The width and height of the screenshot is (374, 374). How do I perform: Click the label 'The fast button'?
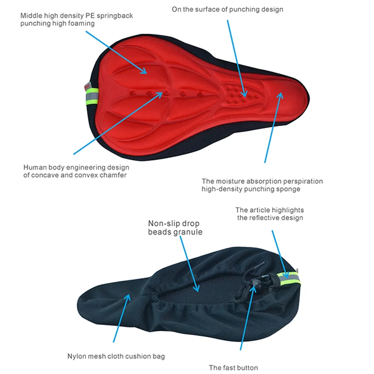pos(233,367)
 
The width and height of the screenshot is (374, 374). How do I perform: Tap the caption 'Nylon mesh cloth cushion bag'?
pos(115,356)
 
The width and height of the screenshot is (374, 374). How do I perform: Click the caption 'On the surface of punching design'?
pos(227,9)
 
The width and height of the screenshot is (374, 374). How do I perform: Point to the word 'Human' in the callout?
pos(34,167)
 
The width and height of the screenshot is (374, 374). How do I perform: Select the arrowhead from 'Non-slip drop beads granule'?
pos(198,289)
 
